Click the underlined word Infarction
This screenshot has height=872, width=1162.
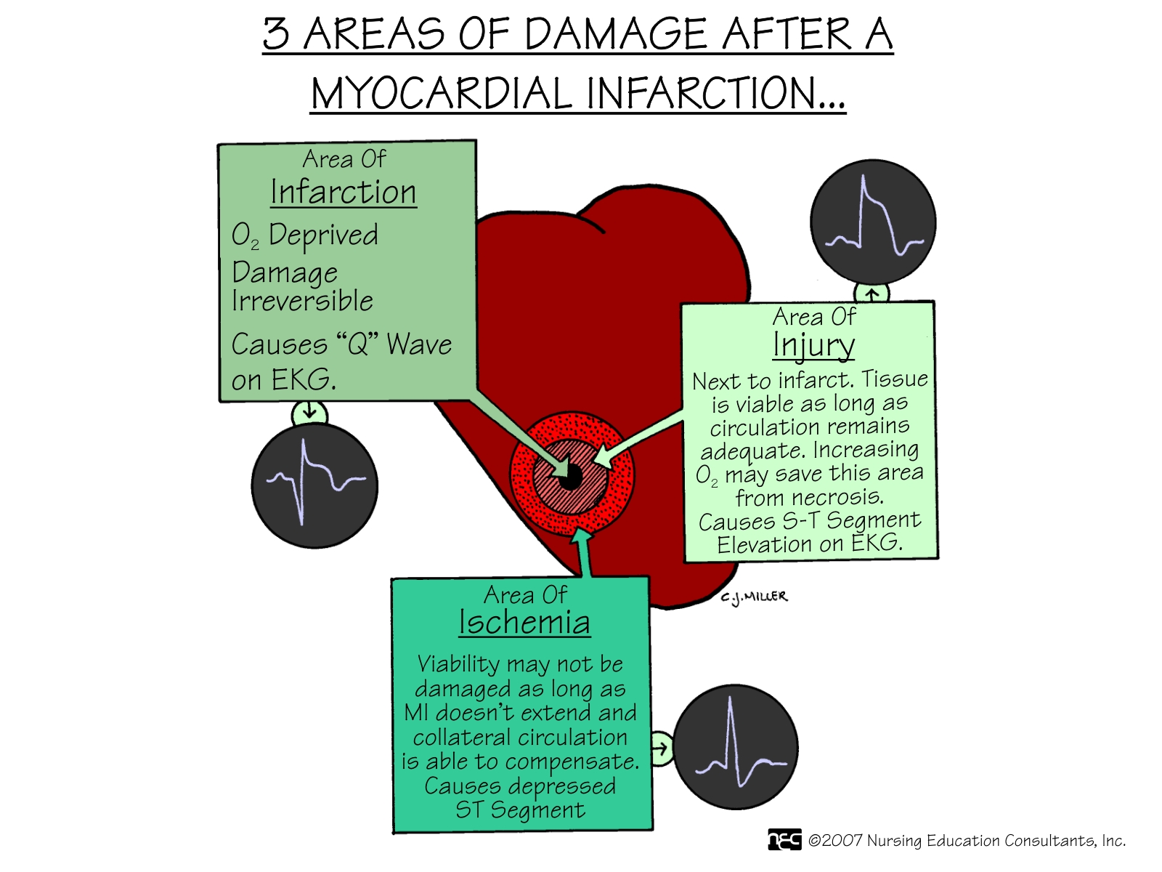pos(343,191)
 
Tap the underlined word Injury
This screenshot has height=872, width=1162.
pos(813,346)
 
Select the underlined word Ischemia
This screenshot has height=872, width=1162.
pos(524,621)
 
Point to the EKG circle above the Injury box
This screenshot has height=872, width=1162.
pos(873,222)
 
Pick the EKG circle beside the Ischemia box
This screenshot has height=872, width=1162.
pos(735,747)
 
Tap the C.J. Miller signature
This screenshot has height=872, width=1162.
pos(754,597)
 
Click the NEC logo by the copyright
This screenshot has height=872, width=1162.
pos(784,840)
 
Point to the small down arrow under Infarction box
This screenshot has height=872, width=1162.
pos(309,411)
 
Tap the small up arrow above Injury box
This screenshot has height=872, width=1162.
pos(872,293)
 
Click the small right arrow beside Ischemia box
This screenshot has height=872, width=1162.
pos(659,748)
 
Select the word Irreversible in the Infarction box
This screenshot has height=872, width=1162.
pos(302,301)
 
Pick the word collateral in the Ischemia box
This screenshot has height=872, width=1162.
pos(460,737)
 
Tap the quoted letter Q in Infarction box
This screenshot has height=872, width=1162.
pos(361,344)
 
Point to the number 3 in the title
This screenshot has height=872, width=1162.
pos(276,34)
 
